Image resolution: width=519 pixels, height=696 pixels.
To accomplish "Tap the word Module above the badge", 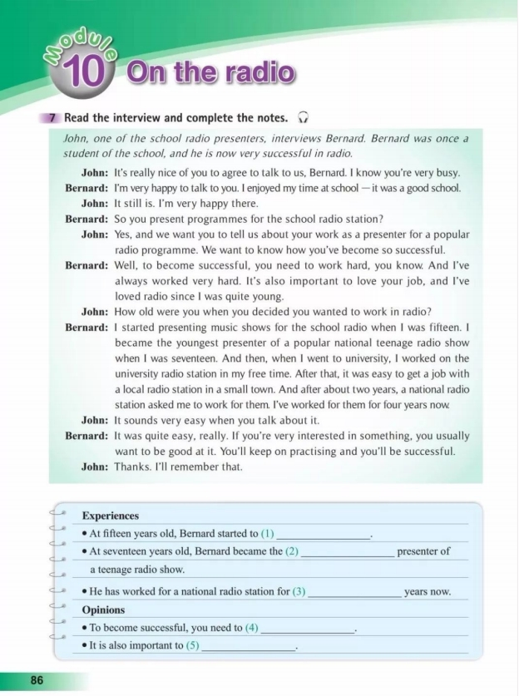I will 80,43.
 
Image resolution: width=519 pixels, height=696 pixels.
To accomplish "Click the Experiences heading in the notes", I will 111,516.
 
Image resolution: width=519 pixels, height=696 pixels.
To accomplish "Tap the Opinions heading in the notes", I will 103,610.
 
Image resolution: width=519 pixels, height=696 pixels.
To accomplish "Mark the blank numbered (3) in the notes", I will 354,592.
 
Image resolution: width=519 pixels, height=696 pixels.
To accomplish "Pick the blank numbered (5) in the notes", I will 250,646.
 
